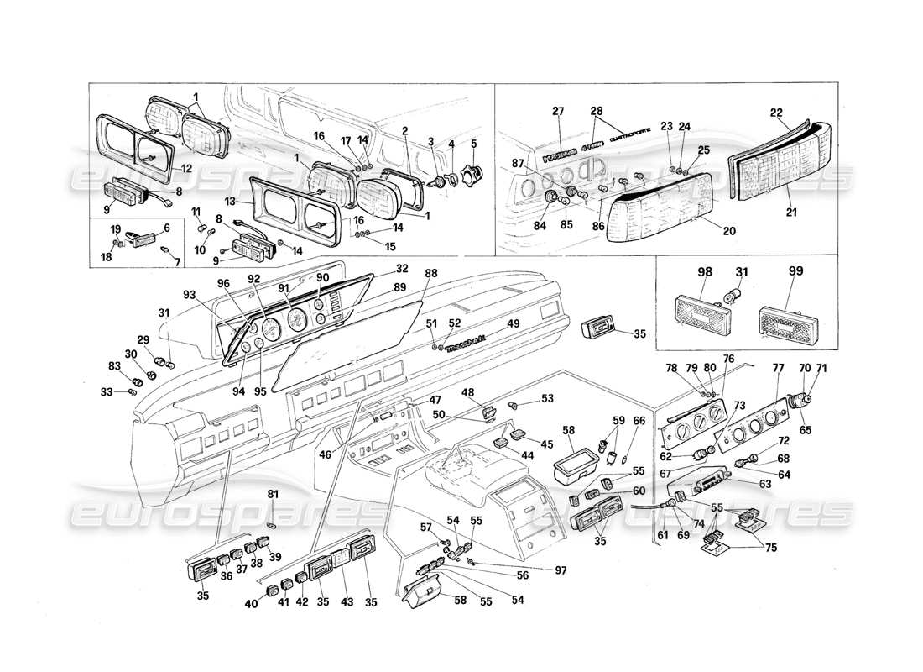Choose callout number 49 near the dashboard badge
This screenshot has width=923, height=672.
(513, 323)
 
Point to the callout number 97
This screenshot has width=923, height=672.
(561, 570)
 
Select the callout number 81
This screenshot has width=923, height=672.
(272, 494)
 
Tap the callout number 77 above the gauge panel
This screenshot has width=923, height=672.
(778, 367)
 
